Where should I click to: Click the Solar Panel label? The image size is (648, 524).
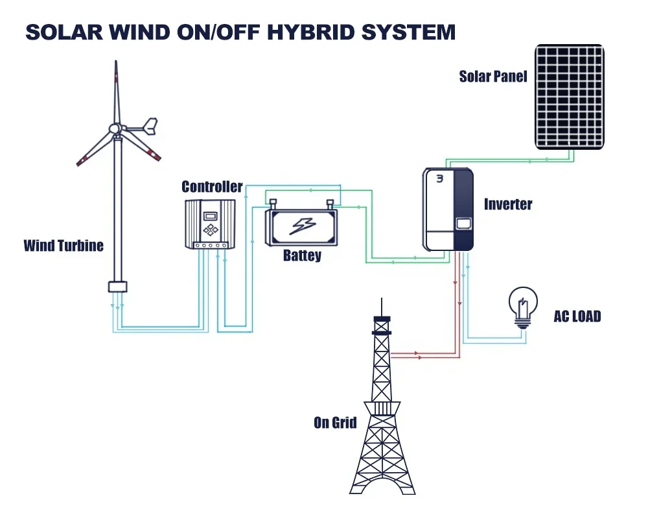(493, 77)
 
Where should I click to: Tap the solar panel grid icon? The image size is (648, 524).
(570, 97)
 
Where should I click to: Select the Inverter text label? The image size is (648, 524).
(508, 204)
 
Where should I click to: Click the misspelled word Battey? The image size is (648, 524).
(302, 256)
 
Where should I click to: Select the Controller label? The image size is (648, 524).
(212, 187)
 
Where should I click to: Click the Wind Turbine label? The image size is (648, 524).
(64, 246)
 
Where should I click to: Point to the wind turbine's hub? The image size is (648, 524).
(115, 129)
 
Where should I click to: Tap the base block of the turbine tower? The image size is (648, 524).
(117, 287)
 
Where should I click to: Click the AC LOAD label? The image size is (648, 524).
(577, 316)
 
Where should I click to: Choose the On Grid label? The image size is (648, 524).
(335, 423)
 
